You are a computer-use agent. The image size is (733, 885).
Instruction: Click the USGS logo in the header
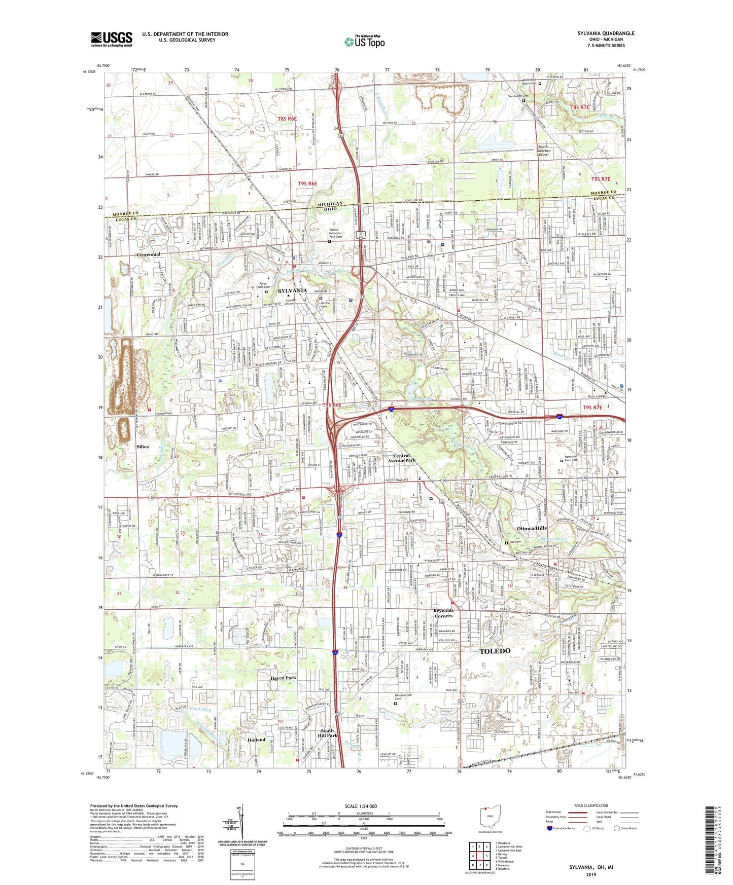(112, 39)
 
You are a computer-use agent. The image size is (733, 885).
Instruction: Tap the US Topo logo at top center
(364, 42)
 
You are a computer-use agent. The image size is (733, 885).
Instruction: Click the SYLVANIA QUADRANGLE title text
(606, 33)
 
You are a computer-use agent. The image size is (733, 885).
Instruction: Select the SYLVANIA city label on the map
(292, 290)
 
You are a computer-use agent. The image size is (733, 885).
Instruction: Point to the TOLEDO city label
(495, 651)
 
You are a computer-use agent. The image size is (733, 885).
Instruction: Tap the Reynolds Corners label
(443, 613)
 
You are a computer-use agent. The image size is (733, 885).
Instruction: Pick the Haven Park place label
(283, 678)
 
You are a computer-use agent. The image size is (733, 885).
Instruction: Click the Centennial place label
(148, 254)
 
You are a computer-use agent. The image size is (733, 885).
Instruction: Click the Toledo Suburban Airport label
(550, 151)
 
